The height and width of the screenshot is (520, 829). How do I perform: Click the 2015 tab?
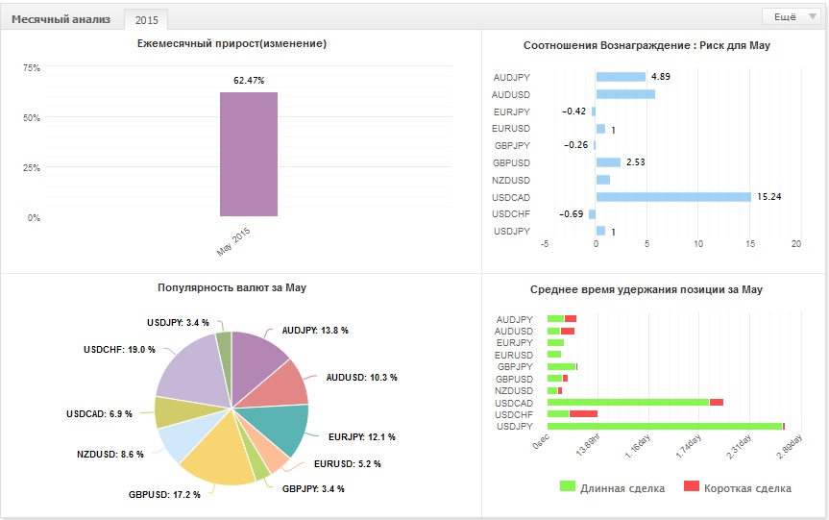click(x=146, y=20)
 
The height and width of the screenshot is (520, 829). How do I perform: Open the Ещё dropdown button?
click(x=792, y=17)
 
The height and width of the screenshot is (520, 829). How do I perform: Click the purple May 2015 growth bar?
click(x=249, y=155)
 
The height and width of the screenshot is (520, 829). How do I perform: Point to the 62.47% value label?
click(x=249, y=81)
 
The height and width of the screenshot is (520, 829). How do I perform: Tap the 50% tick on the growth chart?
click(x=32, y=117)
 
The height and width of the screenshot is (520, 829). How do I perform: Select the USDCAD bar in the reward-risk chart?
click(x=673, y=197)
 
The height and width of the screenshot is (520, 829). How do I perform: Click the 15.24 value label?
click(x=769, y=197)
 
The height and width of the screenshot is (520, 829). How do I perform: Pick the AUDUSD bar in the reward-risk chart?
click(x=625, y=94)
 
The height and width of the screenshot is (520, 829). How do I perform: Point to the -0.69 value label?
click(x=572, y=214)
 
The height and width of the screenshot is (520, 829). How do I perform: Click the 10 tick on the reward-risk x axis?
click(x=698, y=244)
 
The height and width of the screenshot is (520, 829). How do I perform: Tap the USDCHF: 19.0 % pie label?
click(x=119, y=350)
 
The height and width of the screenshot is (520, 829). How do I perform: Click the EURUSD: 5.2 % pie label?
click(x=348, y=464)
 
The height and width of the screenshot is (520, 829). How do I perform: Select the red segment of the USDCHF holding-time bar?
click(x=583, y=414)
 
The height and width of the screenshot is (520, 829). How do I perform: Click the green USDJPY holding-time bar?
click(x=665, y=427)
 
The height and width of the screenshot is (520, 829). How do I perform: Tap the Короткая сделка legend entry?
click(x=738, y=487)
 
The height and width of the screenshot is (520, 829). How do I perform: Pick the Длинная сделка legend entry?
click(x=612, y=487)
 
